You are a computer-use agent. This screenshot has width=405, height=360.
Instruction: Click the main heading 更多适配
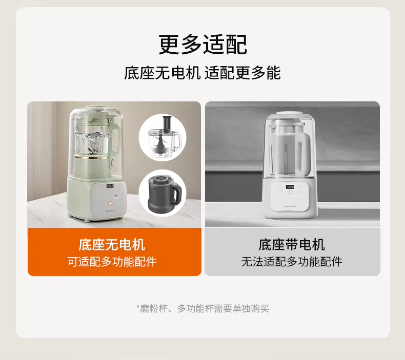(203, 45)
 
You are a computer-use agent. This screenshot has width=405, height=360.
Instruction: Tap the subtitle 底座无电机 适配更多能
(202, 73)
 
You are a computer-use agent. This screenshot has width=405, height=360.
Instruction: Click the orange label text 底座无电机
(112, 245)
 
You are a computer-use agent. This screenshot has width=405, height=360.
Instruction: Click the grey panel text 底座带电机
(292, 245)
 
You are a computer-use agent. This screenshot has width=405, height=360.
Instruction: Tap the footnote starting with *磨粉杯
(202, 308)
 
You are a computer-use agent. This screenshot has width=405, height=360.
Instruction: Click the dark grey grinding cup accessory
(163, 192)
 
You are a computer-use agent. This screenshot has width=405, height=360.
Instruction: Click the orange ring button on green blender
(110, 203)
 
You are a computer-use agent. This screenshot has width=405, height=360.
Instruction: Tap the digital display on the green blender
(110, 186)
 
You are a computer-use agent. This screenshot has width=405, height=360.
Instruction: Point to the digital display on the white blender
(290, 187)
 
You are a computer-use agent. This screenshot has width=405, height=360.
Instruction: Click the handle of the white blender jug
(306, 154)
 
